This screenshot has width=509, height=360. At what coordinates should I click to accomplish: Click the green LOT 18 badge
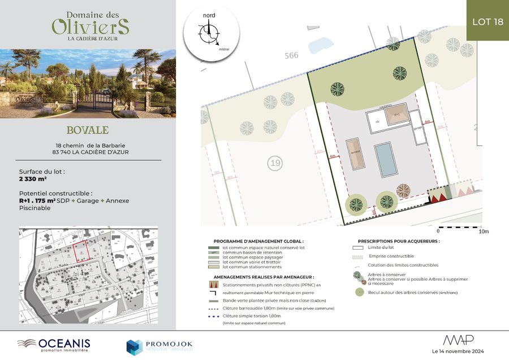[487, 21]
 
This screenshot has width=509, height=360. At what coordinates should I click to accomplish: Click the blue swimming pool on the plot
[385, 158]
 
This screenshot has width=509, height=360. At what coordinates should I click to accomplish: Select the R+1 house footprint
[396, 115]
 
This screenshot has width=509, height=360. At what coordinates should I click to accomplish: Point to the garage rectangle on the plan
[417, 127]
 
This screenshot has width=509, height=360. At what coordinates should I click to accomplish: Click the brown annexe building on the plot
[356, 153]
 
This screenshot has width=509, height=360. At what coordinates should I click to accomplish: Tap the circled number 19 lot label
[275, 164]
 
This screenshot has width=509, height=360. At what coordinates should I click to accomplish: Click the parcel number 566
[291, 55]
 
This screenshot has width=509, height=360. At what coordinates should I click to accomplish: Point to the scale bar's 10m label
[483, 231]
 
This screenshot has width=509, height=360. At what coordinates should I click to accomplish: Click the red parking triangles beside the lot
[441, 195]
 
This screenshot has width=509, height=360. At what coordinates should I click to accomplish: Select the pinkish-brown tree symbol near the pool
[404, 191]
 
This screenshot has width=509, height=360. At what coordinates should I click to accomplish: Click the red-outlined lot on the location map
[82, 248]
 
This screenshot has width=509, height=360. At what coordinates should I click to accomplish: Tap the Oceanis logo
[54, 344]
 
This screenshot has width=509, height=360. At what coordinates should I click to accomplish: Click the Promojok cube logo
[134, 346]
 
